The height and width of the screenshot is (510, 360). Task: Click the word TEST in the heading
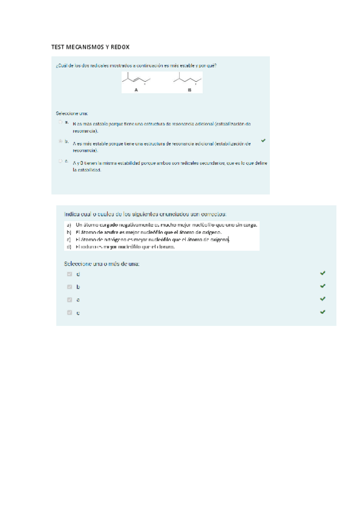click(58, 47)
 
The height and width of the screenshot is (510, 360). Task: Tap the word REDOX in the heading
click(120, 47)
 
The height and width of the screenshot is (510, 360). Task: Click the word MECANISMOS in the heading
click(86, 47)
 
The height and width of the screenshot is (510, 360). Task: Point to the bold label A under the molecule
click(136, 90)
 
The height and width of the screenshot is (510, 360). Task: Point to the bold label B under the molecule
click(189, 90)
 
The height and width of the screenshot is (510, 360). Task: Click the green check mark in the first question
click(263, 140)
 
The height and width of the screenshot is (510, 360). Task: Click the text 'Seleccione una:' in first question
click(72, 112)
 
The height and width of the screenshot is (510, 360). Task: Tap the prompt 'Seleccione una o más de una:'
click(102, 263)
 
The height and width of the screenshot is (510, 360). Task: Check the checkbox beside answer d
click(70, 274)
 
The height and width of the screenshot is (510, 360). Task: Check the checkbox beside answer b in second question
click(70, 287)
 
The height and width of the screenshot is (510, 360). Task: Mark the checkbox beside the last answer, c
click(70, 313)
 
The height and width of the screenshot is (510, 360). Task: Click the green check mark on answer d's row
click(323, 273)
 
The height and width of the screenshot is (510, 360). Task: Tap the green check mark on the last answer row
click(323, 312)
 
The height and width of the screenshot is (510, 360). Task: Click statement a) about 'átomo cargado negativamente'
click(162, 225)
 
